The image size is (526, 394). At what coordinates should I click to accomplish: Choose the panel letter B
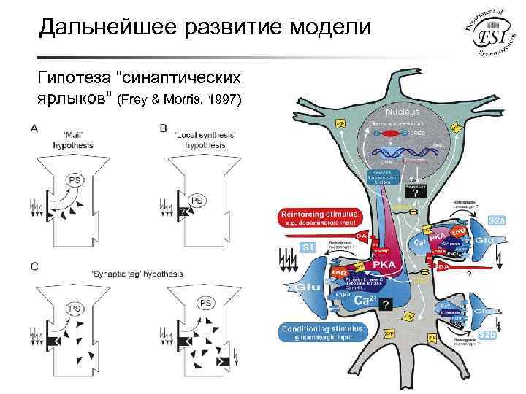click(162, 128)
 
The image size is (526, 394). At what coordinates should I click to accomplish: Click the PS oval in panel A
click(75, 180)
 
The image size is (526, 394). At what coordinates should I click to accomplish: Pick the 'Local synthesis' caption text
click(205, 139)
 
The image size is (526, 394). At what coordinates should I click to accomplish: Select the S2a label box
click(497, 220)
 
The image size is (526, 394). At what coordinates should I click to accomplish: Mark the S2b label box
click(487, 335)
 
